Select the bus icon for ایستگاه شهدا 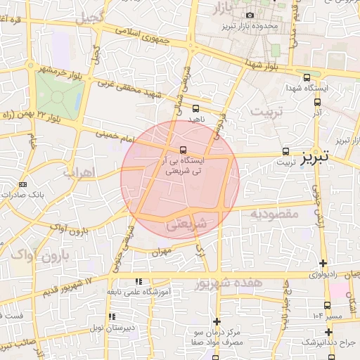pyautogui.click(x=306, y=78)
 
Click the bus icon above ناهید pyautogui.click(x=195, y=108)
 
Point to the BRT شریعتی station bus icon pyautogui.click(x=183, y=150)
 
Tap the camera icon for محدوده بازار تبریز pyautogui.click(x=250, y=15)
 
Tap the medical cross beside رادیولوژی pyautogui.click(x=323, y=262)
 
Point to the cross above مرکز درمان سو pyautogui.click(x=216, y=321)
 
